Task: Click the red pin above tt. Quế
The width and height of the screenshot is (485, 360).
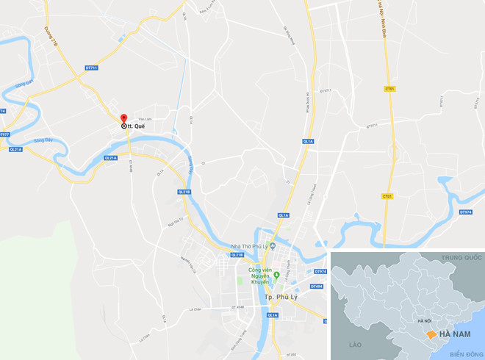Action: [x=123, y=118]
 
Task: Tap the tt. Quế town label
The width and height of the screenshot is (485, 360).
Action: [x=134, y=126]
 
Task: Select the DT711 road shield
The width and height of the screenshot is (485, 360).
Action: [x=91, y=68]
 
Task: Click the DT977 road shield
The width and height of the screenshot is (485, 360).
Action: [x=4, y=134]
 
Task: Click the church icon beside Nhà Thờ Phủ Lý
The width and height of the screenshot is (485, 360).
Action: [x=267, y=247]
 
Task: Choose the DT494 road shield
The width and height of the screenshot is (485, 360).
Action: [x=317, y=286]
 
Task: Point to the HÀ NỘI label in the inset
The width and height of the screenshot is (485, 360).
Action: [x=423, y=321]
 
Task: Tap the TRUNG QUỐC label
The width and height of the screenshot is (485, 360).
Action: [x=461, y=259]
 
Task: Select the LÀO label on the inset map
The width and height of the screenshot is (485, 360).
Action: [x=356, y=344]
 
